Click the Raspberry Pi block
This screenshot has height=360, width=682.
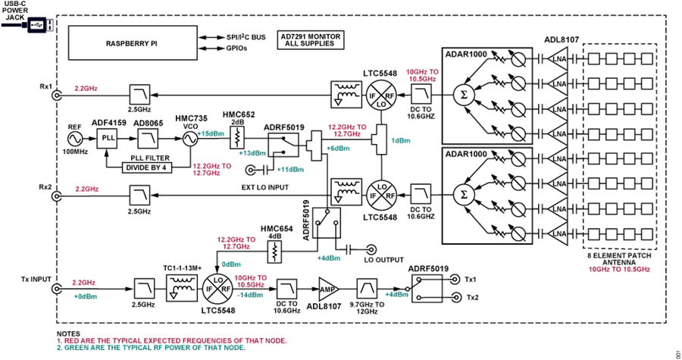click(x=132, y=43)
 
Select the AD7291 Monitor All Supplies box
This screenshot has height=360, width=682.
click(x=310, y=40)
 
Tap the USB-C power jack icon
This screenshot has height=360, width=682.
click(x=37, y=25)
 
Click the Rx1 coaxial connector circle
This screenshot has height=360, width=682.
click(x=57, y=95)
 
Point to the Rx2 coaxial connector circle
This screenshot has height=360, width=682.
click(x=57, y=196)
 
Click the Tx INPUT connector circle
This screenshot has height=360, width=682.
click(x=57, y=289)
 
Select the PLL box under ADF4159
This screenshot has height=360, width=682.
click(x=108, y=138)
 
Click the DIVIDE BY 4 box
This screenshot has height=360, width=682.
click(x=146, y=167)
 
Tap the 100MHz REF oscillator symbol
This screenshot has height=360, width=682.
click(x=75, y=139)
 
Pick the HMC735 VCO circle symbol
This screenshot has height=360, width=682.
click(x=189, y=139)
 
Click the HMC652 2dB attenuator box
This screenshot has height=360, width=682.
click(x=237, y=137)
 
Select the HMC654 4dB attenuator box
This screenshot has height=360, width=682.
click(x=274, y=252)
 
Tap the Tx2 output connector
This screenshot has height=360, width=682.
click(x=456, y=297)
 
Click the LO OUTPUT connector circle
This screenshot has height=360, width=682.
click(x=371, y=249)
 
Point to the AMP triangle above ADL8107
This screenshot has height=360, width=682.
click(x=327, y=289)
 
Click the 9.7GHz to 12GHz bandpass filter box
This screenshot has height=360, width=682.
click(x=367, y=289)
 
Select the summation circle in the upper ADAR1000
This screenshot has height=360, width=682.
click(x=464, y=95)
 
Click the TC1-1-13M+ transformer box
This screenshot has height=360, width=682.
click(x=182, y=287)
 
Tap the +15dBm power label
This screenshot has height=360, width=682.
click(x=211, y=134)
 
